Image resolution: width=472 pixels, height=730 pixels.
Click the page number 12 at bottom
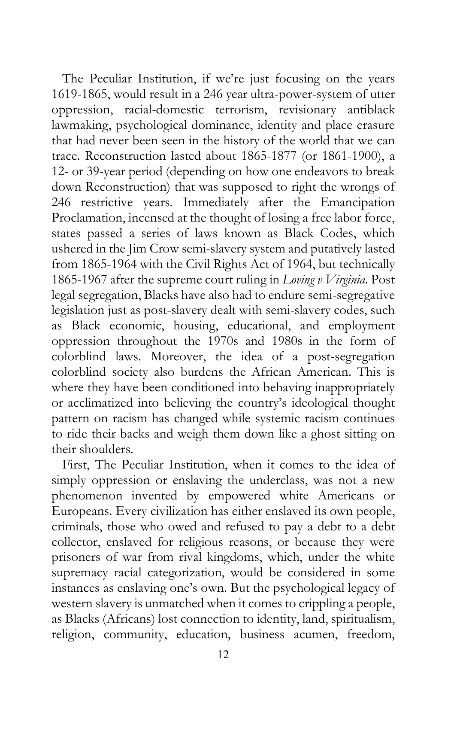[223, 654]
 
